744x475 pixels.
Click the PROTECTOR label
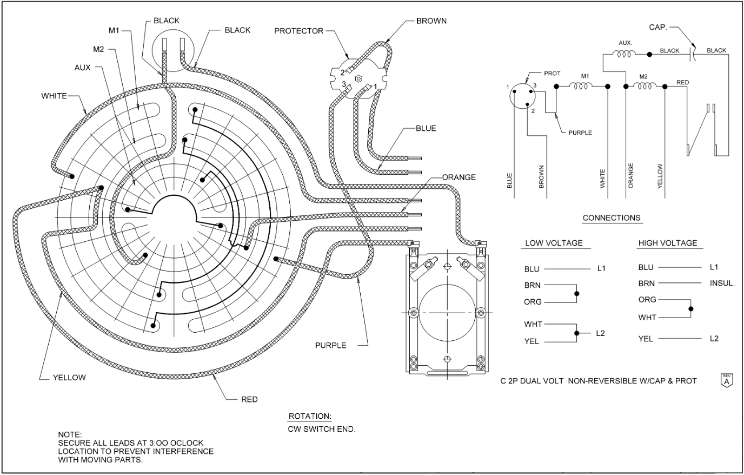(x=298, y=31)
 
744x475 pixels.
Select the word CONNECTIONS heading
(x=612, y=218)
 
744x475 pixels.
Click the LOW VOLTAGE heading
(x=554, y=243)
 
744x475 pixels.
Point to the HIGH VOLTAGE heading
(x=668, y=243)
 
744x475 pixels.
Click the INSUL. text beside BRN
(x=722, y=283)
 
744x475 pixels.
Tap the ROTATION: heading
(x=309, y=416)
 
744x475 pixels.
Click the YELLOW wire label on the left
(x=69, y=378)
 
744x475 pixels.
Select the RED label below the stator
(x=249, y=399)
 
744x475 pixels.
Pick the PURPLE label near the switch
(x=330, y=345)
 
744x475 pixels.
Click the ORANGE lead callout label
(x=459, y=177)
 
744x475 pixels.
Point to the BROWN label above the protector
(x=431, y=21)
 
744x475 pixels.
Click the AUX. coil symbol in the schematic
(x=625, y=54)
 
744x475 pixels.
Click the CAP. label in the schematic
(x=658, y=27)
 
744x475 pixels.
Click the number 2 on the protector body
(x=342, y=72)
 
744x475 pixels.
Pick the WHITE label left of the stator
(x=54, y=96)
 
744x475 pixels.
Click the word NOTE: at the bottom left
(x=70, y=434)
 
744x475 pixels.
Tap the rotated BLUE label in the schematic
(x=509, y=180)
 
